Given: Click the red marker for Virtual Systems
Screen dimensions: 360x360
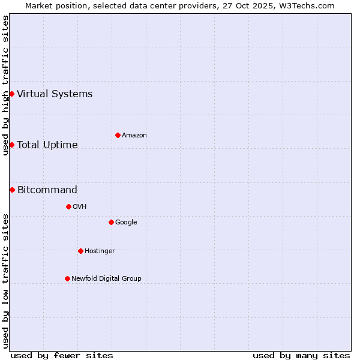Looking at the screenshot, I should (11, 94).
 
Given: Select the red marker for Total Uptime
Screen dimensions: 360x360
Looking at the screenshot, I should (11, 145).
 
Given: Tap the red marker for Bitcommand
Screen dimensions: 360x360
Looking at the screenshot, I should (12, 190).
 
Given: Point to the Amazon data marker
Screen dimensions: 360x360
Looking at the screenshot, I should (118, 135).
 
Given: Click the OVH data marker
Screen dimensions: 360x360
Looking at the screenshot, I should (68, 206).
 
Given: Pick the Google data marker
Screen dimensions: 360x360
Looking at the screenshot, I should (111, 222).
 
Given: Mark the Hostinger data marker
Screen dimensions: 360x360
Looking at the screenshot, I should (80, 251).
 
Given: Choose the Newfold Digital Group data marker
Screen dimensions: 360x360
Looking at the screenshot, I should (67, 278).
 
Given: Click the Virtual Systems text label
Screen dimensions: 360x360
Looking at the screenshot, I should (55, 94).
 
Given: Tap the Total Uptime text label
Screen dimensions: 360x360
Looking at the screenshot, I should (47, 145).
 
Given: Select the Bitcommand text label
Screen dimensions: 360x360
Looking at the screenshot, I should (47, 190).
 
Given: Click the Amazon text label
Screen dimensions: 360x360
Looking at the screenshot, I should (134, 136).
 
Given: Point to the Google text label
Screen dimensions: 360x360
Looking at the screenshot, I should (126, 223).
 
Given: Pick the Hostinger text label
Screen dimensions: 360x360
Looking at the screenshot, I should (100, 251).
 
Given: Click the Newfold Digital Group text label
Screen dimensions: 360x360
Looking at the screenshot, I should (106, 279).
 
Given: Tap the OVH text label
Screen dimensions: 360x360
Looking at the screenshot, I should (80, 207).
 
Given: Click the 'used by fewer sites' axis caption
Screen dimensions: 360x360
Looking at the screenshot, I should (62, 355).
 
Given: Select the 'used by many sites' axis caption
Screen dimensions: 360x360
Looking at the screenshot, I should (301, 355).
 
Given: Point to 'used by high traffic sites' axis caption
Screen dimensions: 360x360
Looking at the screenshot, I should (5, 85).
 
